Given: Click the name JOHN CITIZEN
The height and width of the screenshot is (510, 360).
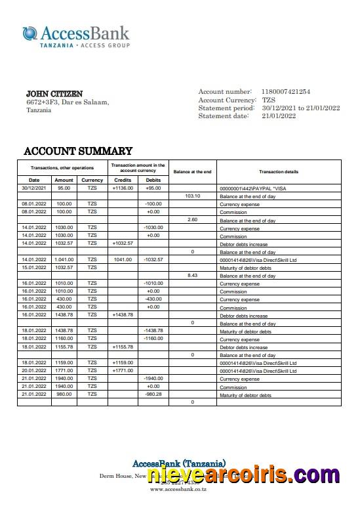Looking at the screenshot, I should point(54,94).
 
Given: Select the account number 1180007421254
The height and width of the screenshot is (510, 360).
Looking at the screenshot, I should point(286,92).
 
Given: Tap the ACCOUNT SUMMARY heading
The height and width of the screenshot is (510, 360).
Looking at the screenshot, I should point(78,151).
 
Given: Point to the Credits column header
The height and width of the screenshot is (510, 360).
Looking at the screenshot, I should point(123,180).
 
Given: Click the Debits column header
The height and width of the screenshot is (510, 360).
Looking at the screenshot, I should point(153,180).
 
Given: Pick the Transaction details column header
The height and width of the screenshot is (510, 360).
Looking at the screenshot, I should point(278,171).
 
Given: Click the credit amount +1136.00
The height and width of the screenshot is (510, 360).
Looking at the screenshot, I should point(123,188).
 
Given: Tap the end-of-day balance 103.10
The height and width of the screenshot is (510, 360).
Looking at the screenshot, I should point(192,196).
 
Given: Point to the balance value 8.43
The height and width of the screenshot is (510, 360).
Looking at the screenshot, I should point(192,275).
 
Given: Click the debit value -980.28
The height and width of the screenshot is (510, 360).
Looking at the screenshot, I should point(153,394).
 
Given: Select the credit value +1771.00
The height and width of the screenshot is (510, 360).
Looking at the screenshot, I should point(123,371).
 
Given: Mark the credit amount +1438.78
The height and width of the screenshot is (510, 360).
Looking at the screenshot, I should point(123,315).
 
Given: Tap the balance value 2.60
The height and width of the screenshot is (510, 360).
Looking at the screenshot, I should point(192,220).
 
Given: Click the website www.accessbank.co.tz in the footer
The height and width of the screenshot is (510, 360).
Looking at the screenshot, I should point(178,489).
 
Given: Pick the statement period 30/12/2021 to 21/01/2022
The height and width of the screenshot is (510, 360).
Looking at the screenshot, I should point(301,108).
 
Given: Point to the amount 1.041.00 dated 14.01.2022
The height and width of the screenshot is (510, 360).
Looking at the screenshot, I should point(64,259).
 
